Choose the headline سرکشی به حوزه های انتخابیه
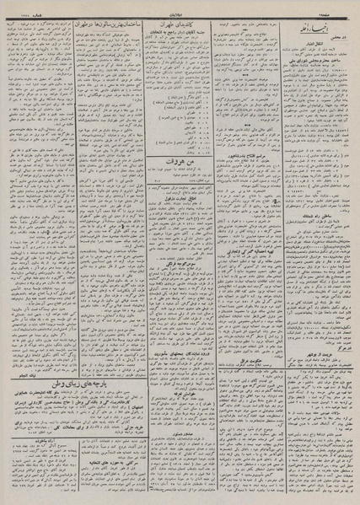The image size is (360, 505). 178,462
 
